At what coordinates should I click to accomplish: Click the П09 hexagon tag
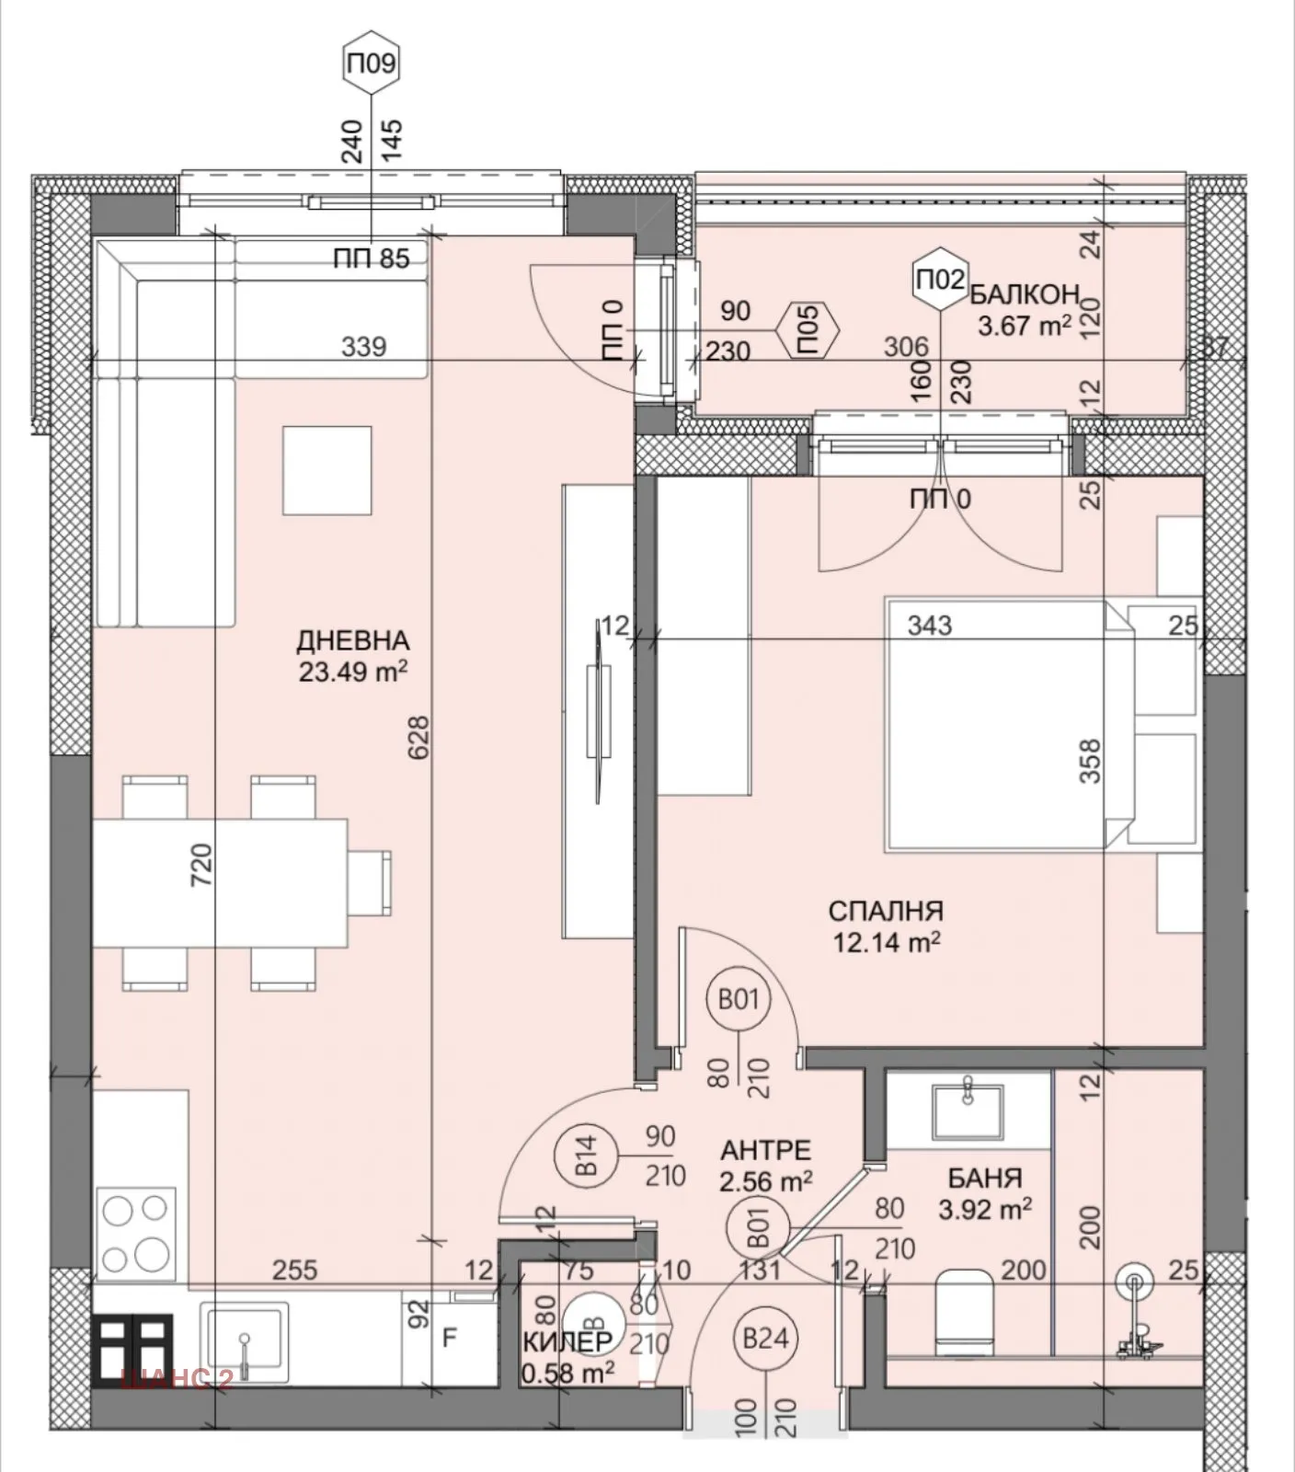(371, 63)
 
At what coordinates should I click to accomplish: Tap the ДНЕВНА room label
(352, 640)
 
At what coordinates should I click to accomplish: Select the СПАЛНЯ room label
(885, 911)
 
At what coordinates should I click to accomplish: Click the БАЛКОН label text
(1024, 294)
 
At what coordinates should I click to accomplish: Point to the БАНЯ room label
(984, 1179)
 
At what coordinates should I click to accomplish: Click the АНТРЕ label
(765, 1151)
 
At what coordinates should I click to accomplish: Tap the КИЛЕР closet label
(567, 1342)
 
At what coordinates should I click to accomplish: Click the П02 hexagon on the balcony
(940, 278)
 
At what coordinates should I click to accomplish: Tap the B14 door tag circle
(587, 1156)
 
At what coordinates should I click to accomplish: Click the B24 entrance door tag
(765, 1337)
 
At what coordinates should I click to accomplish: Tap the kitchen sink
(246, 1342)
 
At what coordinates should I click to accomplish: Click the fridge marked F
(450, 1338)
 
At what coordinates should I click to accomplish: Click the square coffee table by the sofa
(327, 470)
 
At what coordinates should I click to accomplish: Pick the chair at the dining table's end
(370, 882)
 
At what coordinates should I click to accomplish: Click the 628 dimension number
(418, 738)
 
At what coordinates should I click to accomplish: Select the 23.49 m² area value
(352, 672)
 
